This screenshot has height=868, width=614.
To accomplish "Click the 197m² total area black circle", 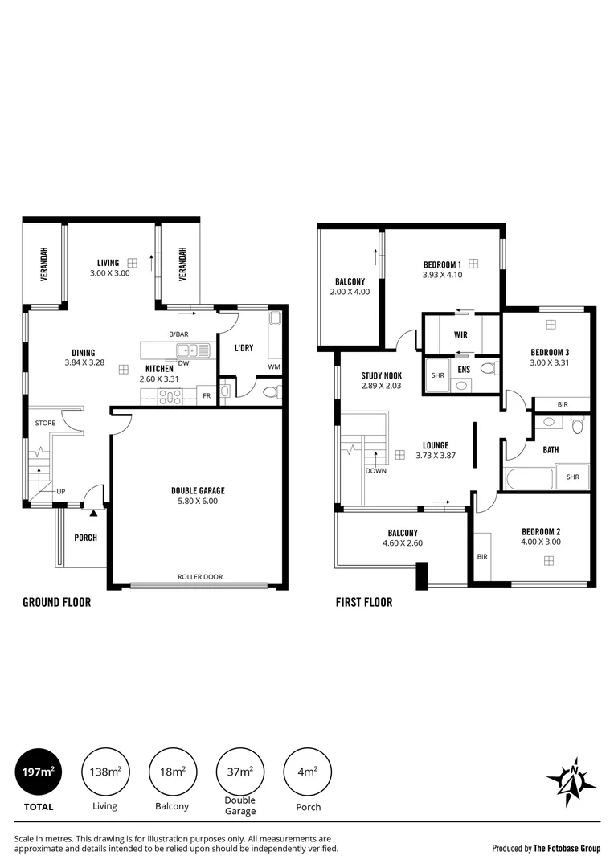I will tap(37, 772).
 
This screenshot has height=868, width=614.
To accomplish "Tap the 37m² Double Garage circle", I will tap(240, 772).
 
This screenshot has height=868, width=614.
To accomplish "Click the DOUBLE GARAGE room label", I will tap(198, 490).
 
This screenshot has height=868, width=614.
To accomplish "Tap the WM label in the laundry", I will tap(274, 368).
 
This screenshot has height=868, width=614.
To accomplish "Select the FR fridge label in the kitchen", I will tap(207, 395).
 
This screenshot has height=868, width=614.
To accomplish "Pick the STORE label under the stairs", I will tap(44, 423).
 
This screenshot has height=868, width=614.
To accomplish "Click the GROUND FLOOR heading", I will tap(56, 602).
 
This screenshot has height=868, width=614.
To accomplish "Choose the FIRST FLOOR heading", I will tap(364, 602).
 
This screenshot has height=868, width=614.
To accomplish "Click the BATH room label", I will tap(551, 450).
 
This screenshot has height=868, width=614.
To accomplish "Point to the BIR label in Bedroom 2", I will tap(483, 556).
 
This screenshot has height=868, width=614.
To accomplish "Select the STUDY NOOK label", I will tap(382, 375).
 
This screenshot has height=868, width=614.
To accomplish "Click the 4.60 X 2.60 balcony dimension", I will tap(403, 543).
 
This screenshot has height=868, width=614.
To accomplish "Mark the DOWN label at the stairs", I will tap(375, 471).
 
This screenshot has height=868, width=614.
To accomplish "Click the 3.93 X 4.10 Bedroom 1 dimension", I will tap(442, 274).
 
